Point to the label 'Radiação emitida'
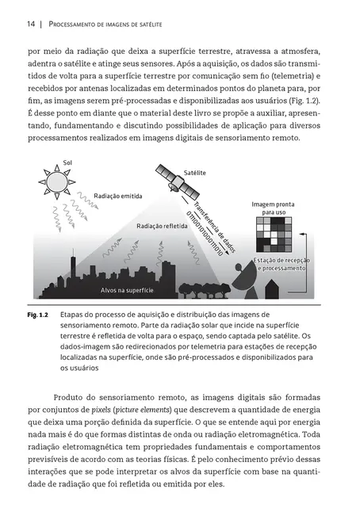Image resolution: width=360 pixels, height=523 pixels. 118,194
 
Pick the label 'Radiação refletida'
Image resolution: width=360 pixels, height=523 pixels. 162,226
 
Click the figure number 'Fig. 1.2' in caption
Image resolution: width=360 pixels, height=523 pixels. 39,315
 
